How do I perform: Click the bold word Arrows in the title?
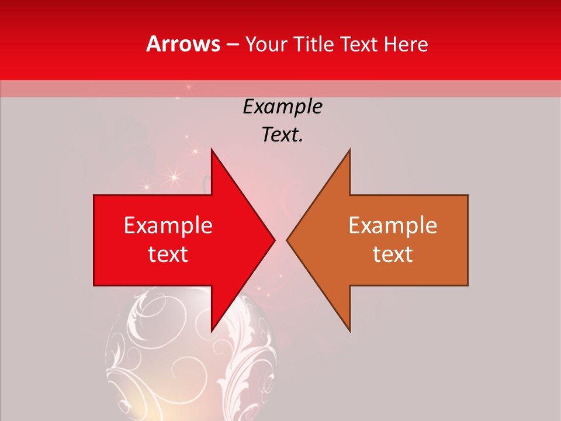click(183, 44)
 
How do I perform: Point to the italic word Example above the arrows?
click(282, 107)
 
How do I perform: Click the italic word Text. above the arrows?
click(282, 135)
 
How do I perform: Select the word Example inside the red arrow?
click(168, 226)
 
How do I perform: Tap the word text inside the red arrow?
click(168, 254)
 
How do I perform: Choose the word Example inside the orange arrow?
click(393, 226)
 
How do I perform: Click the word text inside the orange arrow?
click(393, 254)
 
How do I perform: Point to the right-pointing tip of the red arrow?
click(274, 240)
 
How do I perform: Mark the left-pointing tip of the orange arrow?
click(288, 240)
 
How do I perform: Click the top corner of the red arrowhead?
click(212, 150)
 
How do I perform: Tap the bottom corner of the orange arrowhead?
click(349, 331)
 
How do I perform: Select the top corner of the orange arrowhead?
click(349, 150)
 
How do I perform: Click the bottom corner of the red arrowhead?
click(212, 331)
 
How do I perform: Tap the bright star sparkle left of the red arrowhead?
click(174, 175)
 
